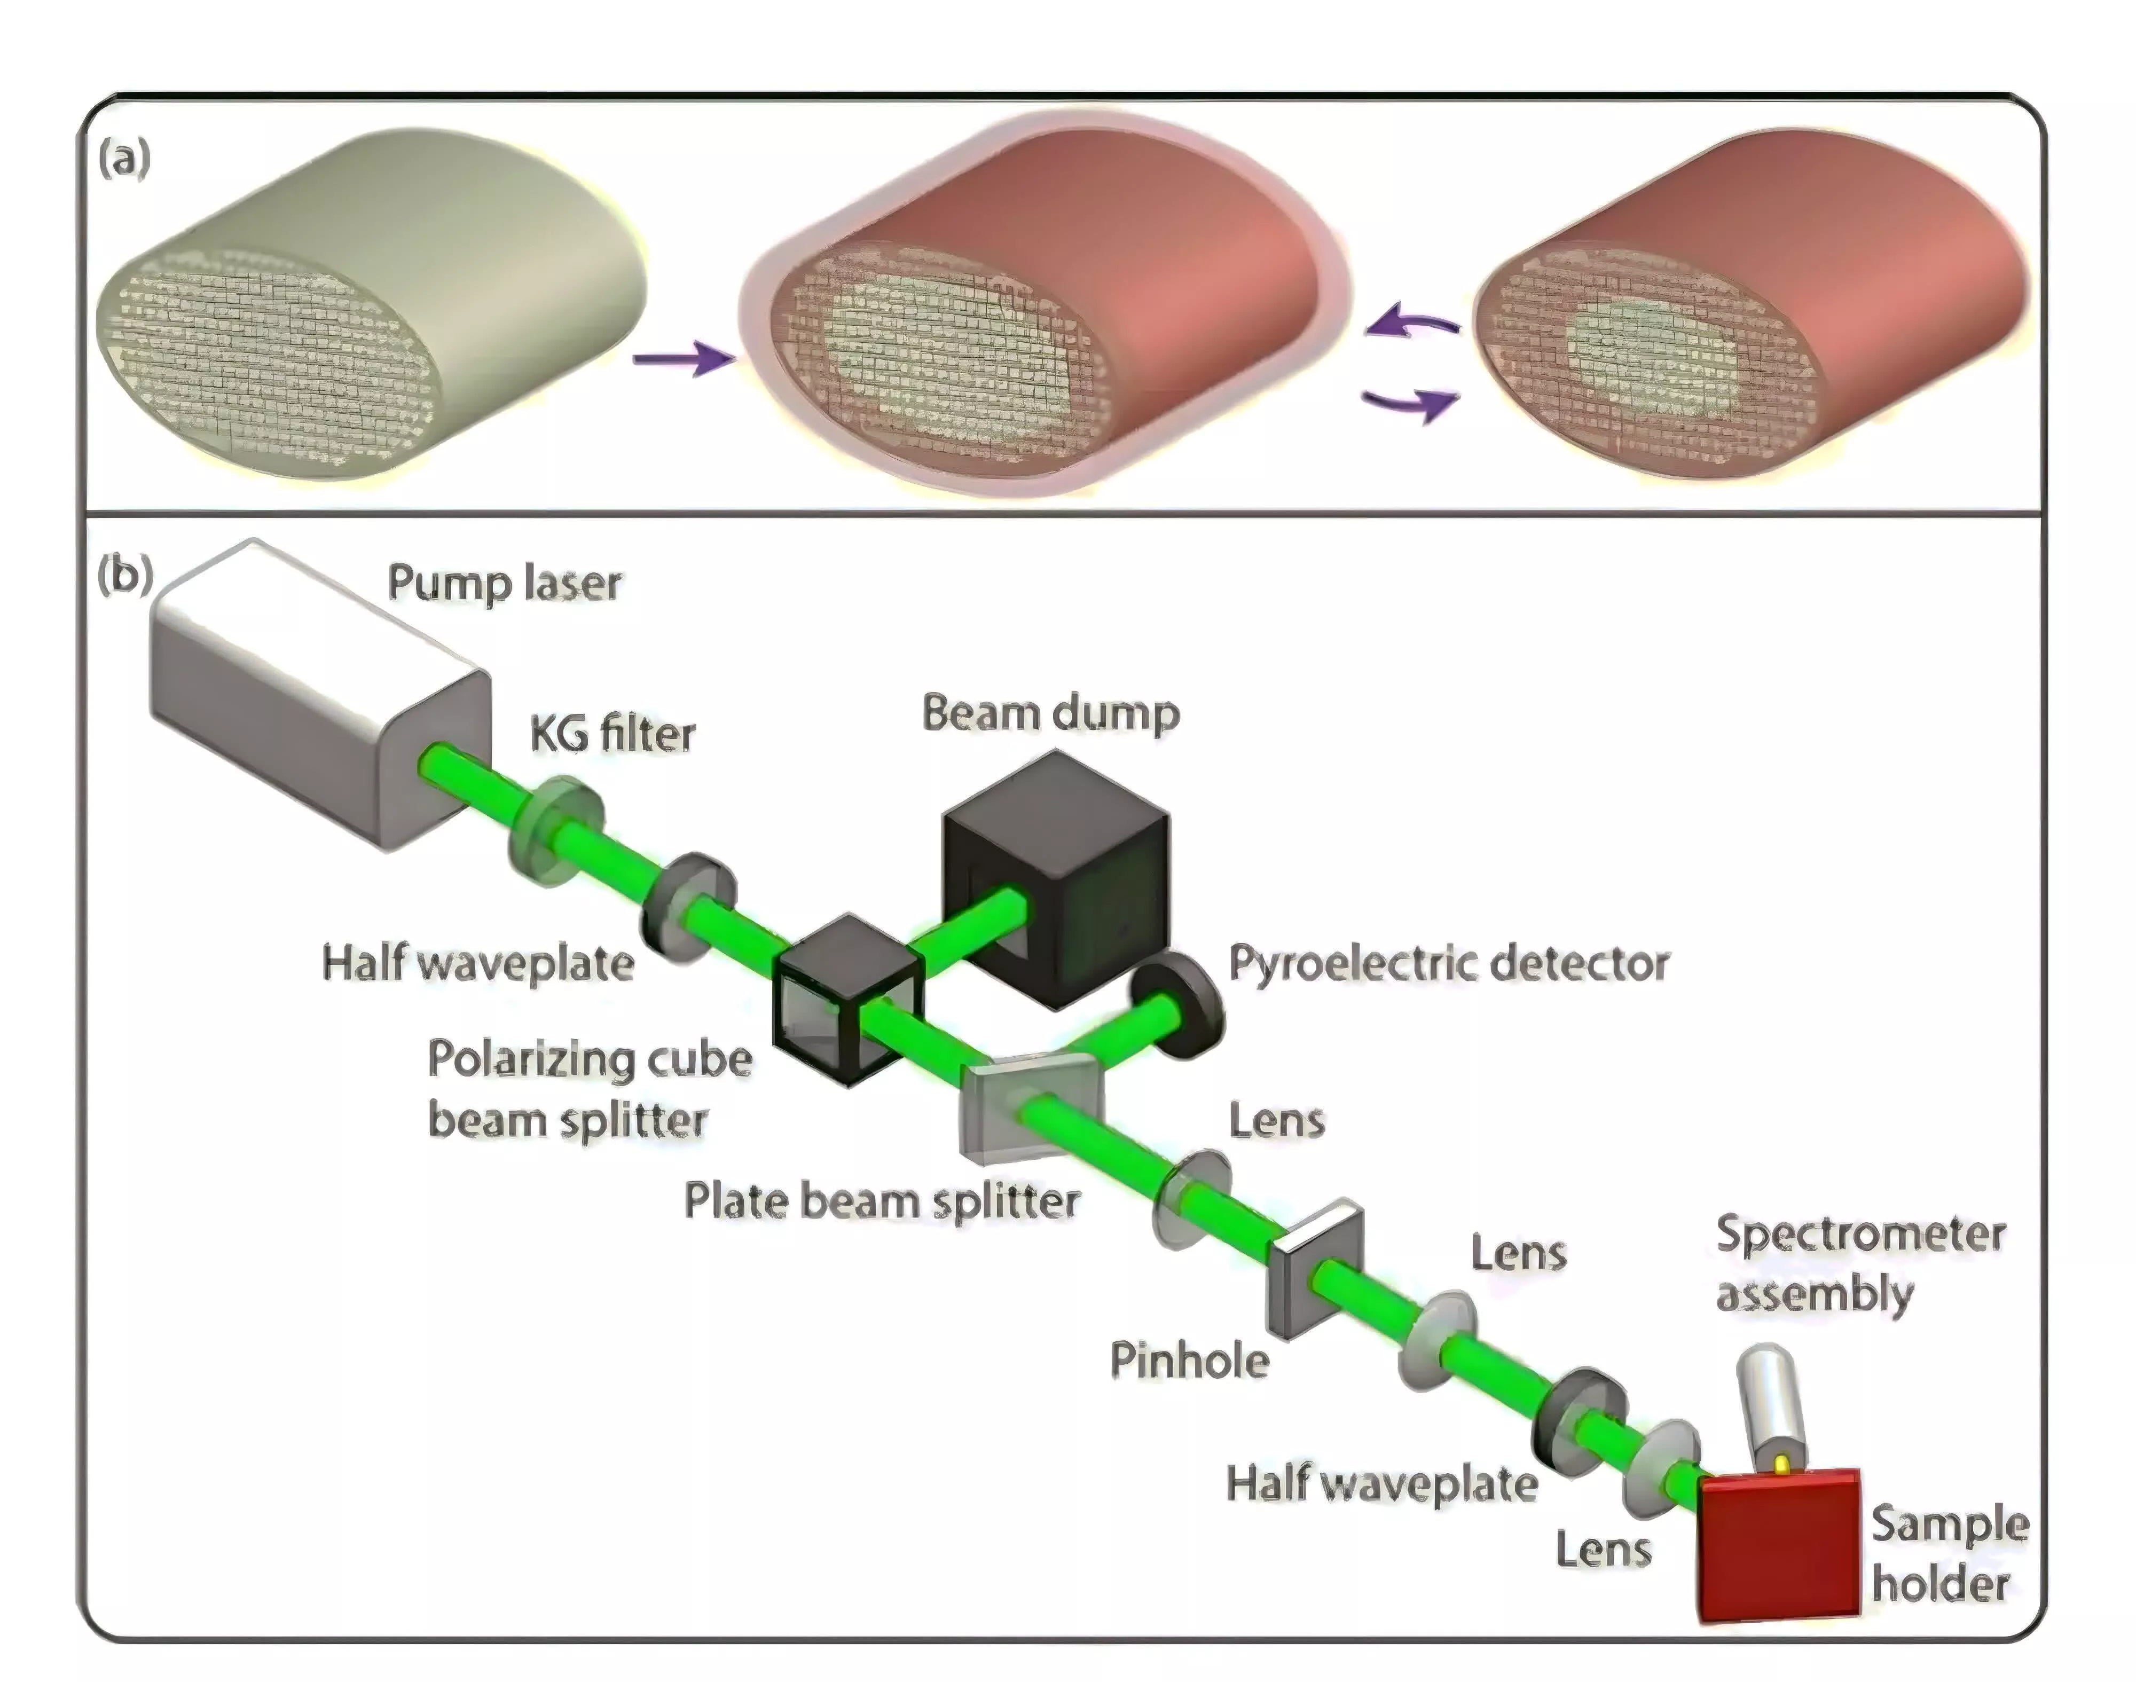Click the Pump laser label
pyautogui.click(x=504, y=583)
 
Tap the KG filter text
pyautogui.click(x=612, y=734)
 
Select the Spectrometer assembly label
pyautogui.click(x=1859, y=1263)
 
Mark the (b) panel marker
pyautogui.click(x=125, y=574)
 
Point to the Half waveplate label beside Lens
pyautogui.click(x=1381, y=1482)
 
